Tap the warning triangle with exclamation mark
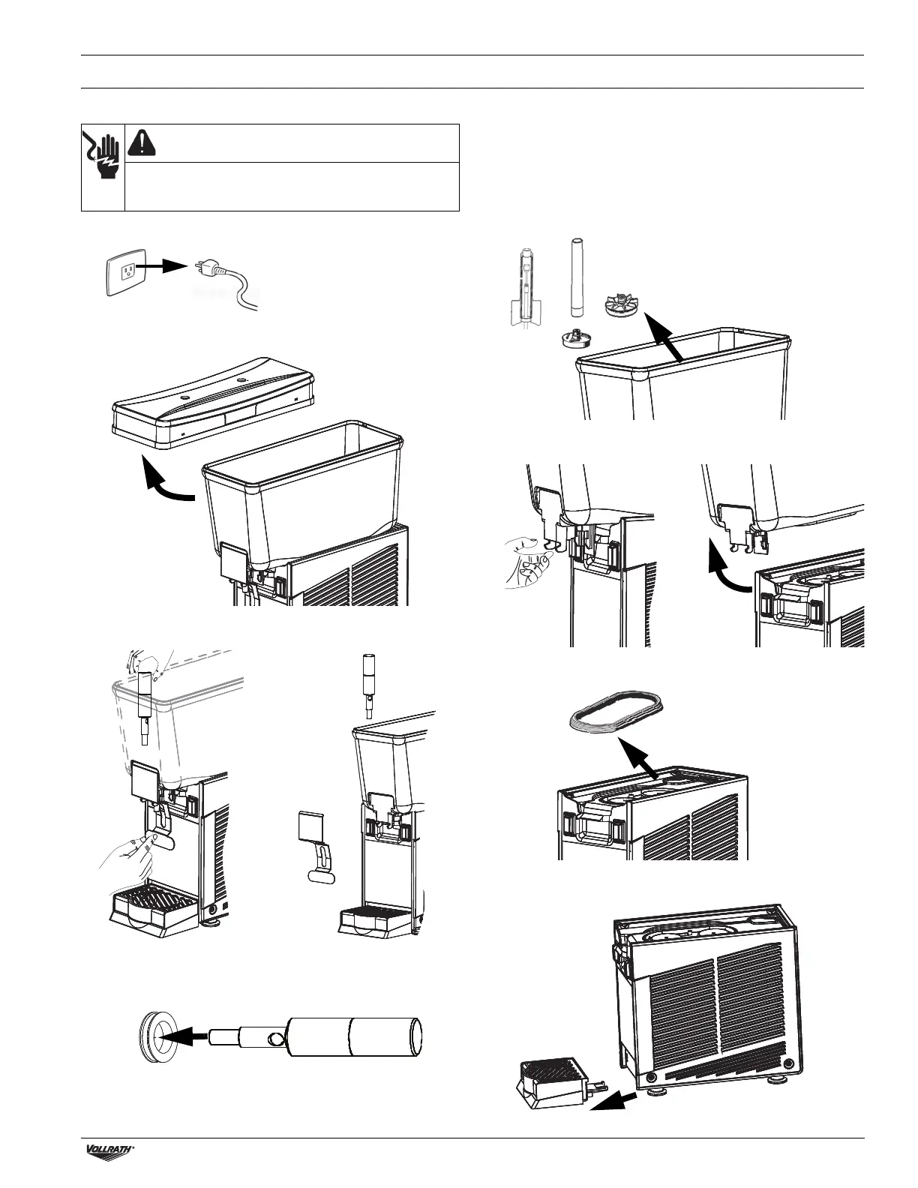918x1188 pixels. tap(142, 142)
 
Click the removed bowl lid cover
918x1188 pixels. tap(211, 400)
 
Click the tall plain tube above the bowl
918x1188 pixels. tap(577, 278)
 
